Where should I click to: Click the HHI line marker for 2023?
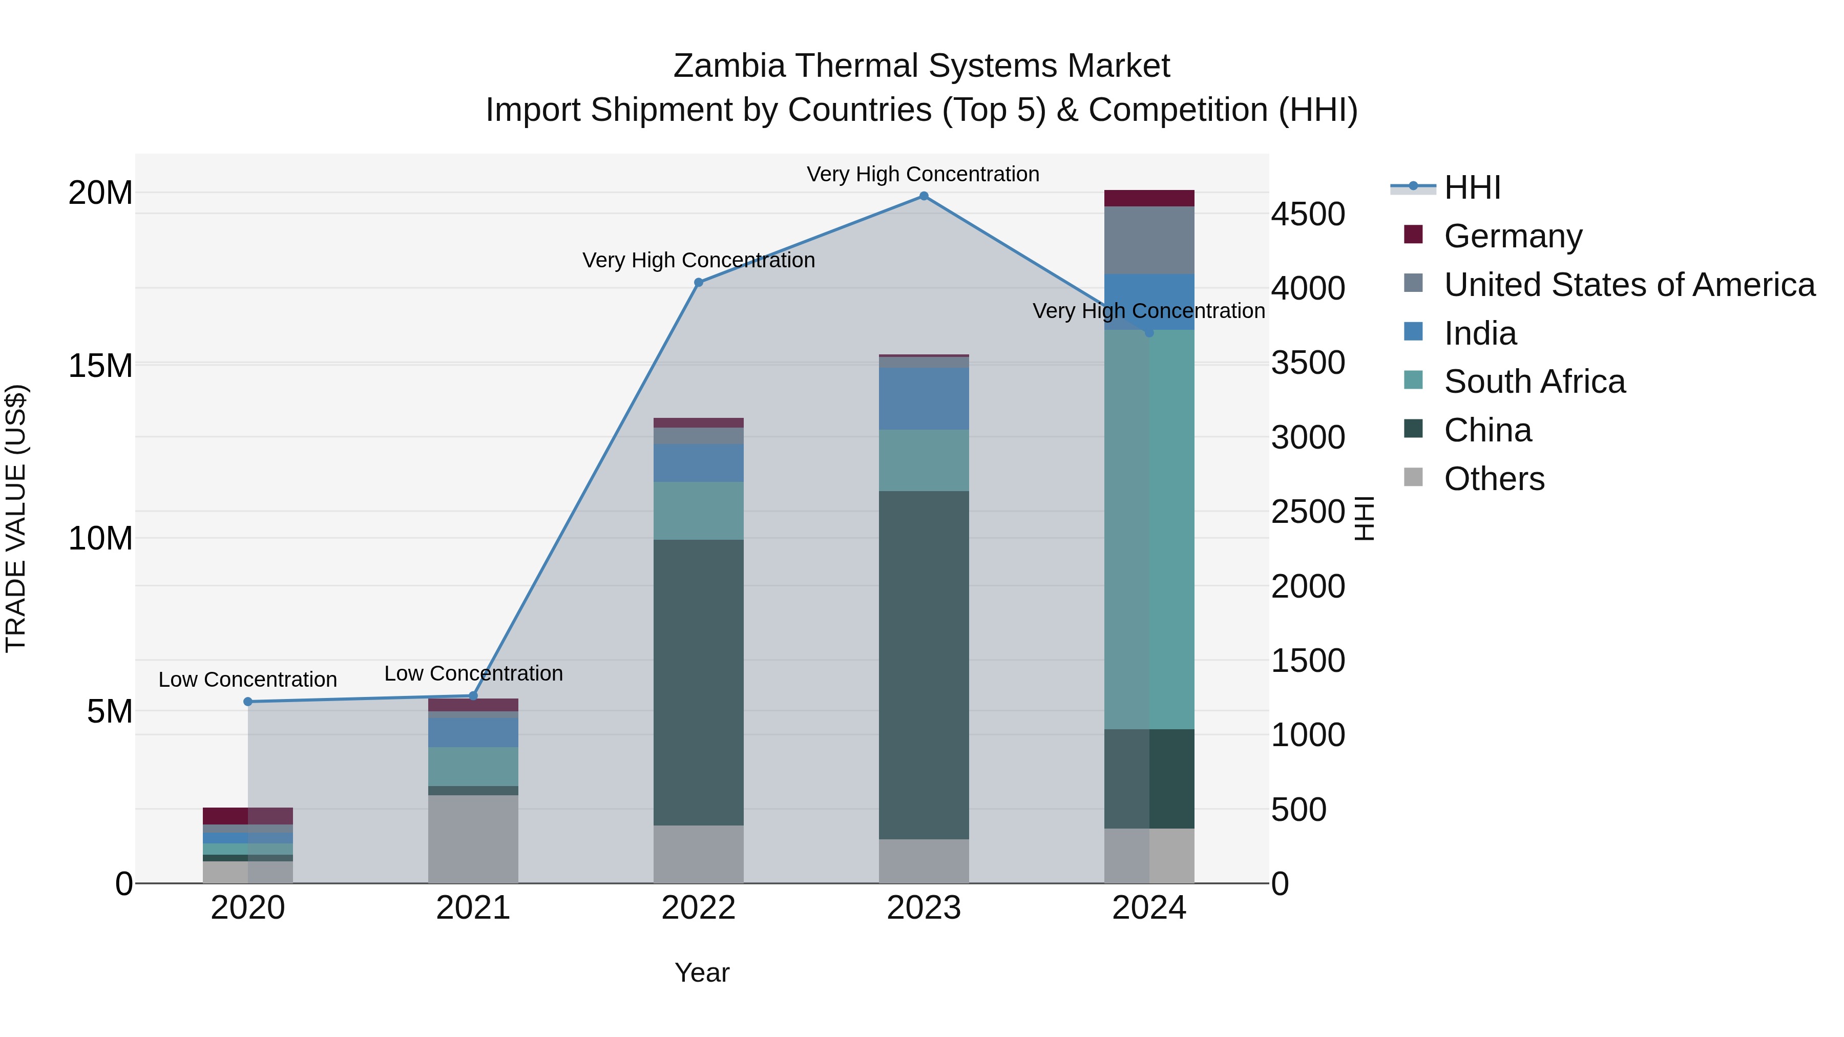[924, 196]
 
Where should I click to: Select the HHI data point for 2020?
[248, 702]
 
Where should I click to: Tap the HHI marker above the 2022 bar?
[699, 283]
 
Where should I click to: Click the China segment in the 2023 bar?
[924, 666]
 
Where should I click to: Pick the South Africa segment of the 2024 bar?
[1149, 530]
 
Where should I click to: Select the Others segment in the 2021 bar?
[473, 839]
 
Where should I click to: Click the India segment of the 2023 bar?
[924, 398]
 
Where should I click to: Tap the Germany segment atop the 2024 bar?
[1149, 198]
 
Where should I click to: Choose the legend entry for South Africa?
[1534, 382]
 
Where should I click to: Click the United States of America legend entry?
[1628, 285]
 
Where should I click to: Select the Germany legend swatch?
[1413, 235]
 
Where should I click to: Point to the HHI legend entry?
[1471, 187]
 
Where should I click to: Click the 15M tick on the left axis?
[100, 366]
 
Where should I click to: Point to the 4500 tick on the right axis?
[1308, 214]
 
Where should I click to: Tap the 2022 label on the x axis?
[698, 908]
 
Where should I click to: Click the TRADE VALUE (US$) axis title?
[16, 518]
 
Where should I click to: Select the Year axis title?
[702, 972]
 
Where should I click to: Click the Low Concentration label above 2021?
[473, 673]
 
